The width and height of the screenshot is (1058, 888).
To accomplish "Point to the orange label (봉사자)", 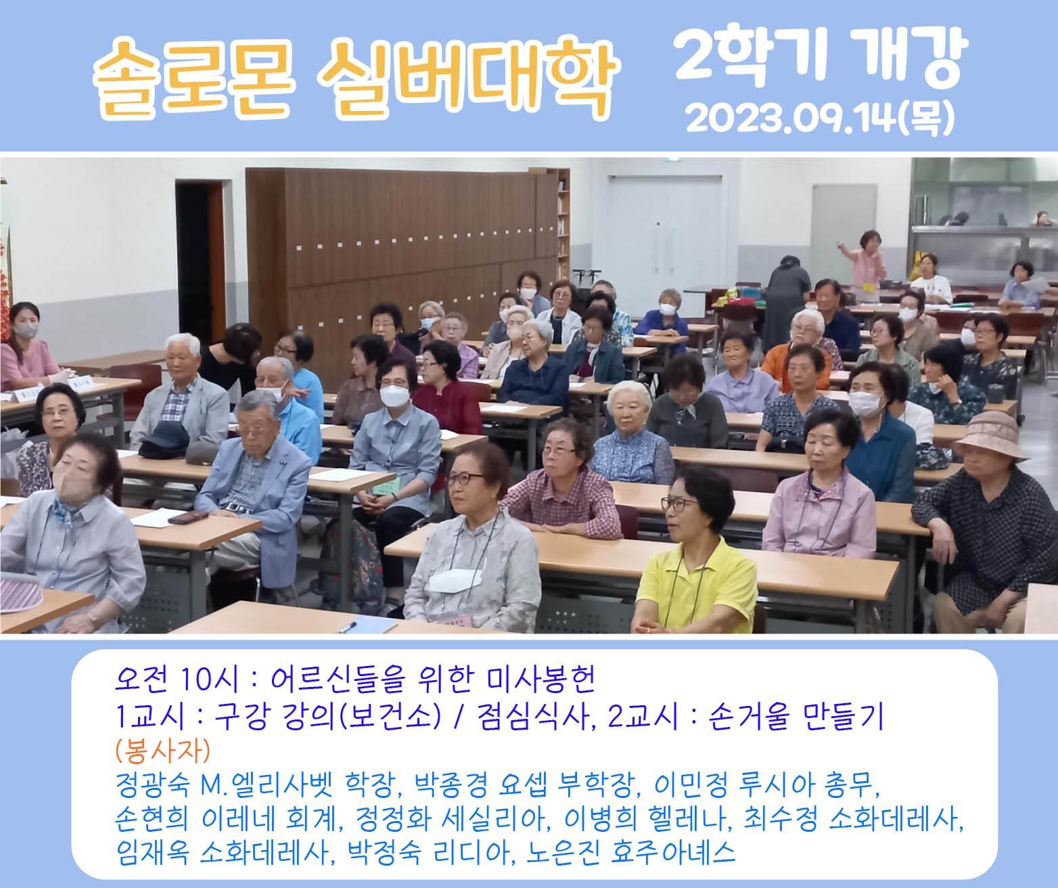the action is point(162,751).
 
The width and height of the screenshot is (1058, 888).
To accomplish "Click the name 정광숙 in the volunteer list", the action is point(152,785).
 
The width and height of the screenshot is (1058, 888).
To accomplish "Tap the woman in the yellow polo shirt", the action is point(696,553).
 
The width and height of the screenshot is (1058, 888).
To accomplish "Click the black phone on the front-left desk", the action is point(188,517).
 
